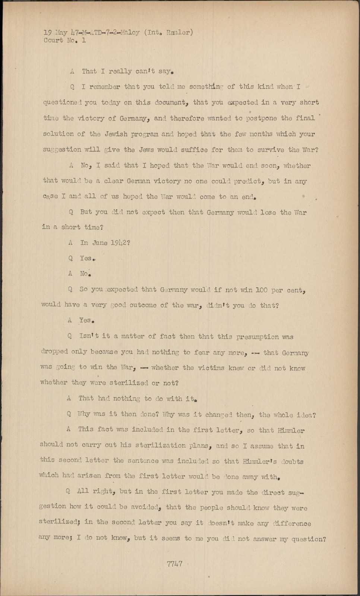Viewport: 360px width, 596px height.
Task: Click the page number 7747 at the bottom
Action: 175,564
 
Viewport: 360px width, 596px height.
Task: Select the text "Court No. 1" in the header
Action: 64,40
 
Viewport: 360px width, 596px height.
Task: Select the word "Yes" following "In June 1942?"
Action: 86,258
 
